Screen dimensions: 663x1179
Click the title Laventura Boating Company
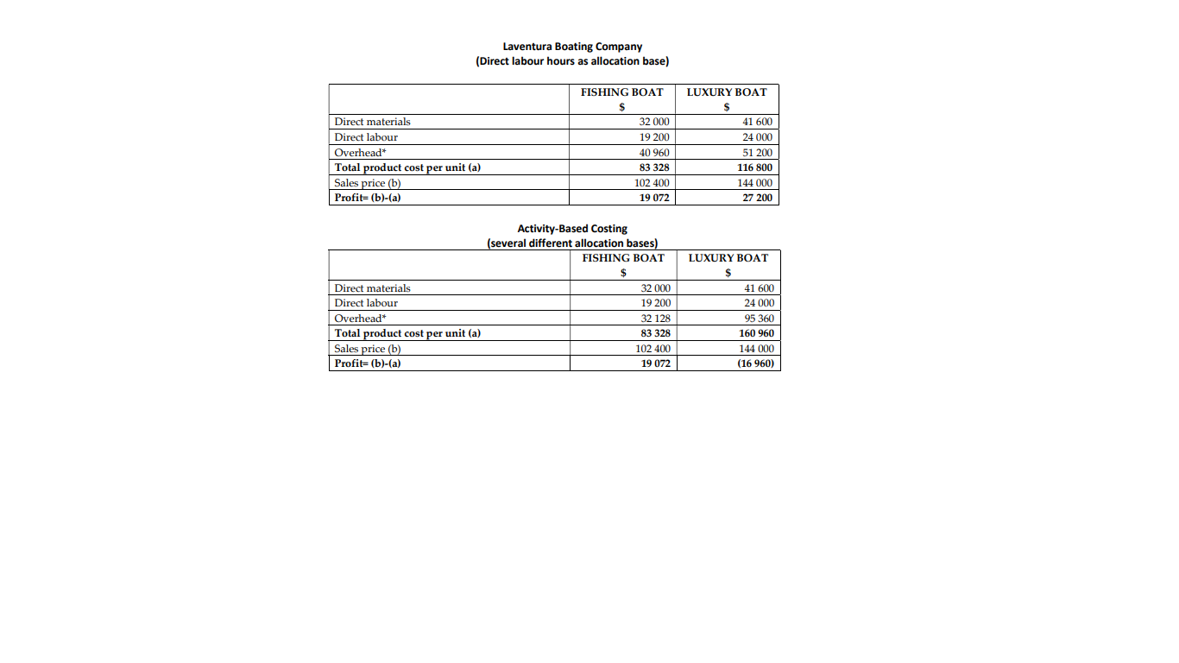(x=572, y=47)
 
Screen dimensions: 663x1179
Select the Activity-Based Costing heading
(x=572, y=229)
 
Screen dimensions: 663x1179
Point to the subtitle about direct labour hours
(x=572, y=61)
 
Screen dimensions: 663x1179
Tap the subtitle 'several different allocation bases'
(x=572, y=243)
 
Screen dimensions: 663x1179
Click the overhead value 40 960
(x=654, y=153)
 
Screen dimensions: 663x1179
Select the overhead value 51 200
(x=757, y=153)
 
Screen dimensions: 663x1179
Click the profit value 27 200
(x=757, y=198)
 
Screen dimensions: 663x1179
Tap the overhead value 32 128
(x=655, y=319)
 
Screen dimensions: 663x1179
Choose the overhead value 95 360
(x=758, y=319)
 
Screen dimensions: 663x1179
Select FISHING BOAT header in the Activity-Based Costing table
(x=623, y=258)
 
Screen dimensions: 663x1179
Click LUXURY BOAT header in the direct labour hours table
(x=727, y=92)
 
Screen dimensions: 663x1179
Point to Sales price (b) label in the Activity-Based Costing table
(x=368, y=349)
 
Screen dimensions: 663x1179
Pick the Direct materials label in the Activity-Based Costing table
(x=372, y=288)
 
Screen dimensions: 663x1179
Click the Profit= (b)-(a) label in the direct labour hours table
(x=368, y=198)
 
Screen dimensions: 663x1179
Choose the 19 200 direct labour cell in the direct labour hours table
(x=654, y=137)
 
